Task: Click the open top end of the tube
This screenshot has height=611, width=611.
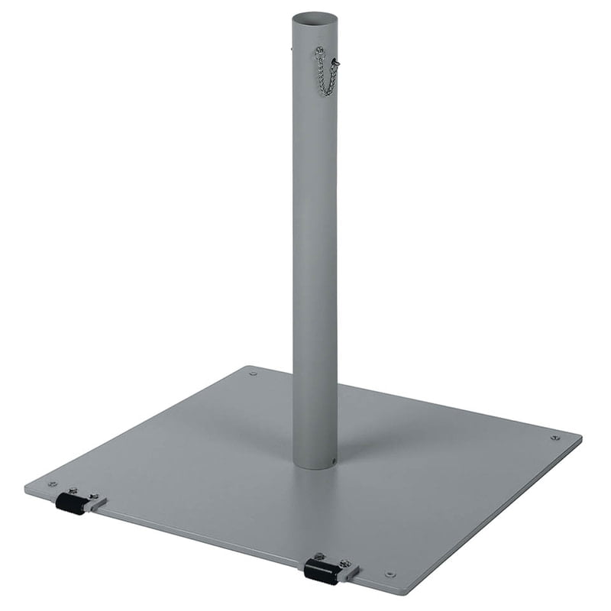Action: (315, 17)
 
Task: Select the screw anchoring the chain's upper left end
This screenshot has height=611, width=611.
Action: (319, 51)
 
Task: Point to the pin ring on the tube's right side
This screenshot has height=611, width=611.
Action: (335, 62)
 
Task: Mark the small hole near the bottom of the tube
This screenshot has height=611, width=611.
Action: (332, 460)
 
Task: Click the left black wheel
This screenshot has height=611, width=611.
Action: (70, 503)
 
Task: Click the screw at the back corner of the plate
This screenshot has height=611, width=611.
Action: (253, 373)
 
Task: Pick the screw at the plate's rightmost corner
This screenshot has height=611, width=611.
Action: (555, 438)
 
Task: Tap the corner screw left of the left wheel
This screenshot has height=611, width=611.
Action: (53, 483)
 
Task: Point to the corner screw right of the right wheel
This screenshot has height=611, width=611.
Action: (390, 574)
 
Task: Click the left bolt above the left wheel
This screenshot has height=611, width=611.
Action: (73, 490)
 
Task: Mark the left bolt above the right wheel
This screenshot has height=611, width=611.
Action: (320, 557)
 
